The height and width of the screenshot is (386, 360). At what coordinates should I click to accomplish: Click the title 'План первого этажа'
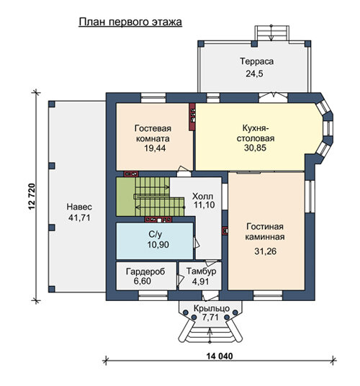point(130,22)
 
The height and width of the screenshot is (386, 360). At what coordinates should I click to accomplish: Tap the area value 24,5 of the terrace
point(254,73)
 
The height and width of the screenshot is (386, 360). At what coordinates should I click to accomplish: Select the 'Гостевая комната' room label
point(153,133)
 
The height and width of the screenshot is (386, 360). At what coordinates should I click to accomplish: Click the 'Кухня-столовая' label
point(256,133)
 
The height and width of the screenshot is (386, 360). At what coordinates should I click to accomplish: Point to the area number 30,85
point(256,148)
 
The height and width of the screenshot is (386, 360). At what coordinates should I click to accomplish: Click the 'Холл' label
point(203,197)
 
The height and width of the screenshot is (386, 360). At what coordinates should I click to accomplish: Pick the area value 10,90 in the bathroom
point(158,244)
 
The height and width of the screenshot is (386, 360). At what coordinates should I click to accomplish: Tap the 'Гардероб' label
point(145,271)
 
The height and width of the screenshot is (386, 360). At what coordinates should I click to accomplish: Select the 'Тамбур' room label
point(202,271)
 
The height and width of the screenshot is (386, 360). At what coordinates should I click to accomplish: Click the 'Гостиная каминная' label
point(265,232)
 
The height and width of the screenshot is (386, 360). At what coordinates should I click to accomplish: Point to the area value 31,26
point(265,251)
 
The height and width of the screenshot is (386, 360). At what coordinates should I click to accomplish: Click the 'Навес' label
point(79,207)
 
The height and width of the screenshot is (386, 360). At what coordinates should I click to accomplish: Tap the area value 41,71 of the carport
point(79,217)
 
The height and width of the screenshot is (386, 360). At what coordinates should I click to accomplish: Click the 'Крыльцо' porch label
point(212,308)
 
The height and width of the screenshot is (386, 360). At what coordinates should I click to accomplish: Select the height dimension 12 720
point(32,197)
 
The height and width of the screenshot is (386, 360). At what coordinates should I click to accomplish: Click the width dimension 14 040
point(220,356)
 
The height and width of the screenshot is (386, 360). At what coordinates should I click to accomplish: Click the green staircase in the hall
point(150,197)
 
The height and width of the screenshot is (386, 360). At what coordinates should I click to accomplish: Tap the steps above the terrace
point(271,32)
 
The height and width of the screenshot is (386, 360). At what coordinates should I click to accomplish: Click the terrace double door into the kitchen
point(273,97)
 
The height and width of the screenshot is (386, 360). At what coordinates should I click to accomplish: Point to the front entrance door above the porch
point(210,295)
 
